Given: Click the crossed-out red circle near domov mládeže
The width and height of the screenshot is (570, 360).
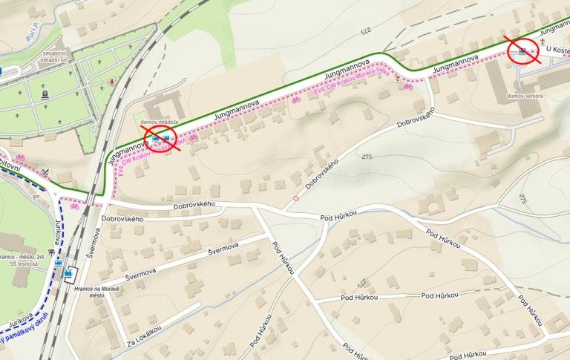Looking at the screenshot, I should coord(161,139).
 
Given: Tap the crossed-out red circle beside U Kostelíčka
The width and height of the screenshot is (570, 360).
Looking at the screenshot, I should coord(522,50).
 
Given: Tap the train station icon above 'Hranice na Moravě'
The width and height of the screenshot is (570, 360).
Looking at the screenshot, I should coord(70,273).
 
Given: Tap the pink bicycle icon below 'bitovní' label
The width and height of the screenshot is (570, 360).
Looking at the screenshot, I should coord(19,158).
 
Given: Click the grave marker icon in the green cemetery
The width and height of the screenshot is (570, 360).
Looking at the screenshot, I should coord(45,94).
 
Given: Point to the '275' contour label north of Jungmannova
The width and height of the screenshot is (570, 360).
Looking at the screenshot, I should coord(364,30).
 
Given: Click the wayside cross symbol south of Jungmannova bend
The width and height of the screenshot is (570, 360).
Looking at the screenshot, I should coord(398,79).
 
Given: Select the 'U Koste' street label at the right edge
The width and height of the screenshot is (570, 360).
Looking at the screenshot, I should coord(555,51).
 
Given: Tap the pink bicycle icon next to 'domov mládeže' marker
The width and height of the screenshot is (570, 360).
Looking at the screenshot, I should coord(193,137).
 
